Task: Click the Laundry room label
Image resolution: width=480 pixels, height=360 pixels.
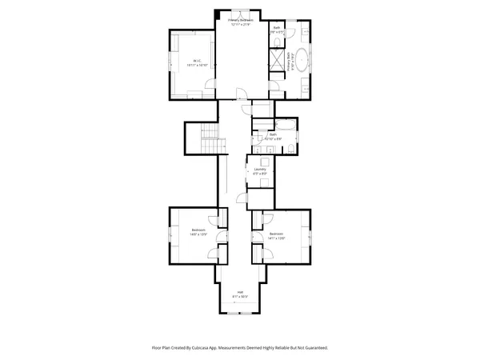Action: tap(260, 170)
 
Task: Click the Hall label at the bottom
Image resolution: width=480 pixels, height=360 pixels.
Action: tap(239, 294)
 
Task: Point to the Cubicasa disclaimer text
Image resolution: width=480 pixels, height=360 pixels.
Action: tap(239, 348)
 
